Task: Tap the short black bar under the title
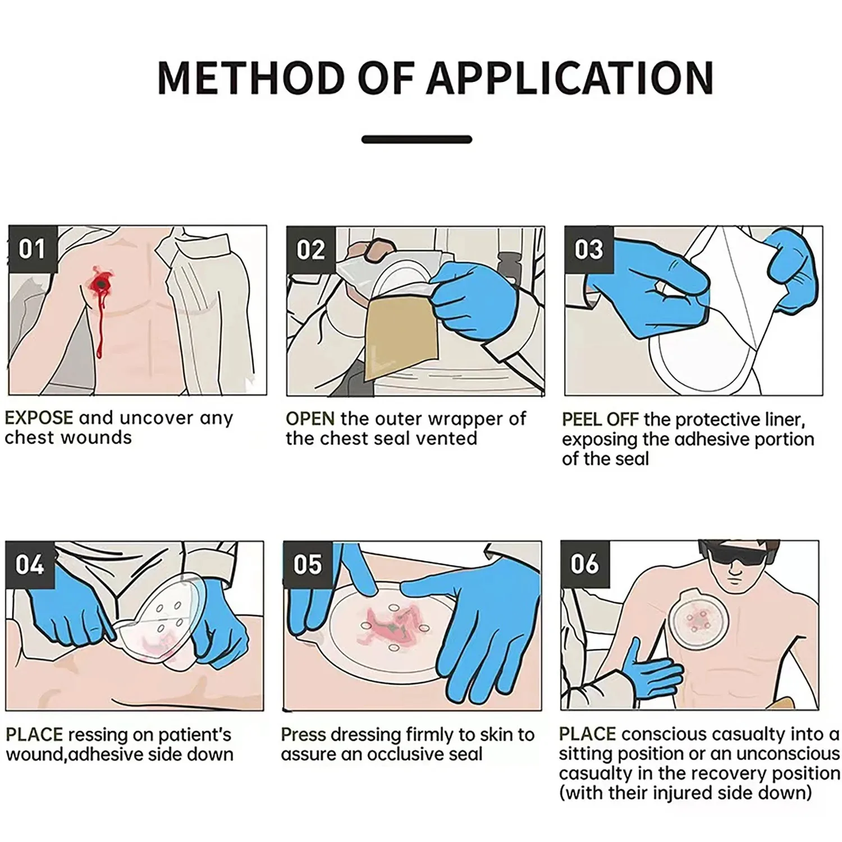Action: [x=417, y=140]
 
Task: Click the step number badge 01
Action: [x=32, y=249]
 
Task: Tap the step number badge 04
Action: [x=29, y=565]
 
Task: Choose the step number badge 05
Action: [x=308, y=565]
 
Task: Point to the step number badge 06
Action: [x=585, y=565]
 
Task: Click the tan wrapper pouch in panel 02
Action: [x=392, y=340]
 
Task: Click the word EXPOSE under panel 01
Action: [x=39, y=418]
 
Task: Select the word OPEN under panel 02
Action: [x=310, y=419]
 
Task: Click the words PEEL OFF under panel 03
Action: [x=600, y=420]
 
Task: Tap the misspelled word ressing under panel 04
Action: [x=99, y=735]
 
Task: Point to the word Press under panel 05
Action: [x=304, y=735]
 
